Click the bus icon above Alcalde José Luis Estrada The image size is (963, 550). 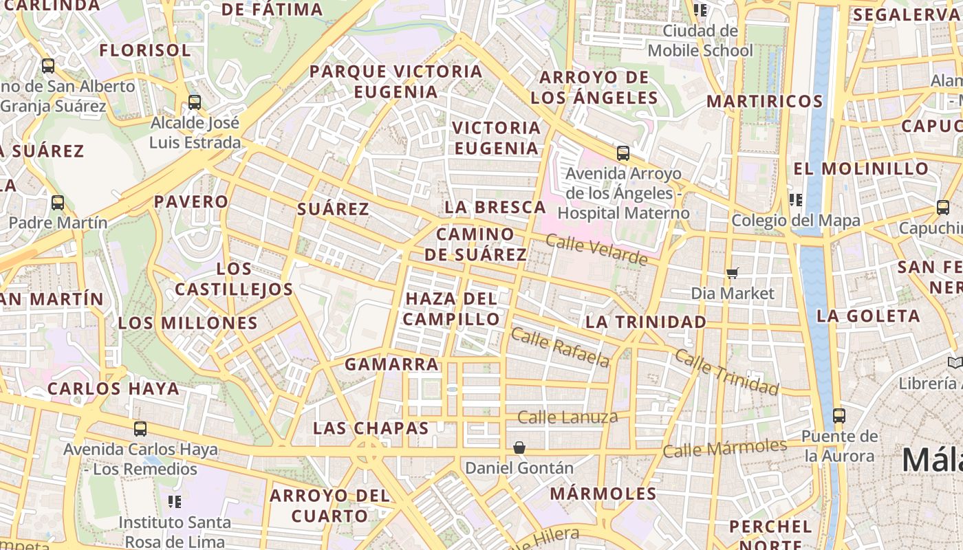pyautogui.click(x=195, y=102)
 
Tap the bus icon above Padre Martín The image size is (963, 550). pyautogui.click(x=58, y=203)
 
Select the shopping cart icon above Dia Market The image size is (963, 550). pyautogui.click(x=733, y=273)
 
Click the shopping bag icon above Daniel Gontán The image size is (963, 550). pyautogui.click(x=519, y=448)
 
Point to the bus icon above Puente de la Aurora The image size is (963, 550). pyautogui.click(x=838, y=415)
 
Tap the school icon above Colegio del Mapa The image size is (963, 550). pyautogui.click(x=796, y=200)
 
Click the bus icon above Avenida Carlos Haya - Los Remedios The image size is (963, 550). pyautogui.click(x=140, y=429)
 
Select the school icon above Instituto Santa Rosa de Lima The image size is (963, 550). pyautogui.click(x=175, y=502)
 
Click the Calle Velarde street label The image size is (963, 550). pyautogui.click(x=596, y=250)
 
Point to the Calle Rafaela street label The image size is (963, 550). pyautogui.click(x=560, y=348)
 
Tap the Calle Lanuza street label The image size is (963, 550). pyautogui.click(x=567, y=417)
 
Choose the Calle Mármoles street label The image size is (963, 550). pyautogui.click(x=724, y=448)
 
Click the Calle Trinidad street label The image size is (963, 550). pyautogui.click(x=726, y=373)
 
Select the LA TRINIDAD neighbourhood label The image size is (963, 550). pyautogui.click(x=645, y=322)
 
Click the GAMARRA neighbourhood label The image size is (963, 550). pyautogui.click(x=391, y=364)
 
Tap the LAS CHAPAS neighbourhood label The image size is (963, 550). pyautogui.click(x=371, y=428)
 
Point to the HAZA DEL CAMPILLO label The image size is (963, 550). pyautogui.click(x=451, y=309)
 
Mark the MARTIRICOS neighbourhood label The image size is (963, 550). pyautogui.click(x=765, y=102)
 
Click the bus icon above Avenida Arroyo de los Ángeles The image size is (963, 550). pyautogui.click(x=623, y=153)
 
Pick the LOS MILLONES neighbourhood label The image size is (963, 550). pyautogui.click(x=188, y=323)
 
